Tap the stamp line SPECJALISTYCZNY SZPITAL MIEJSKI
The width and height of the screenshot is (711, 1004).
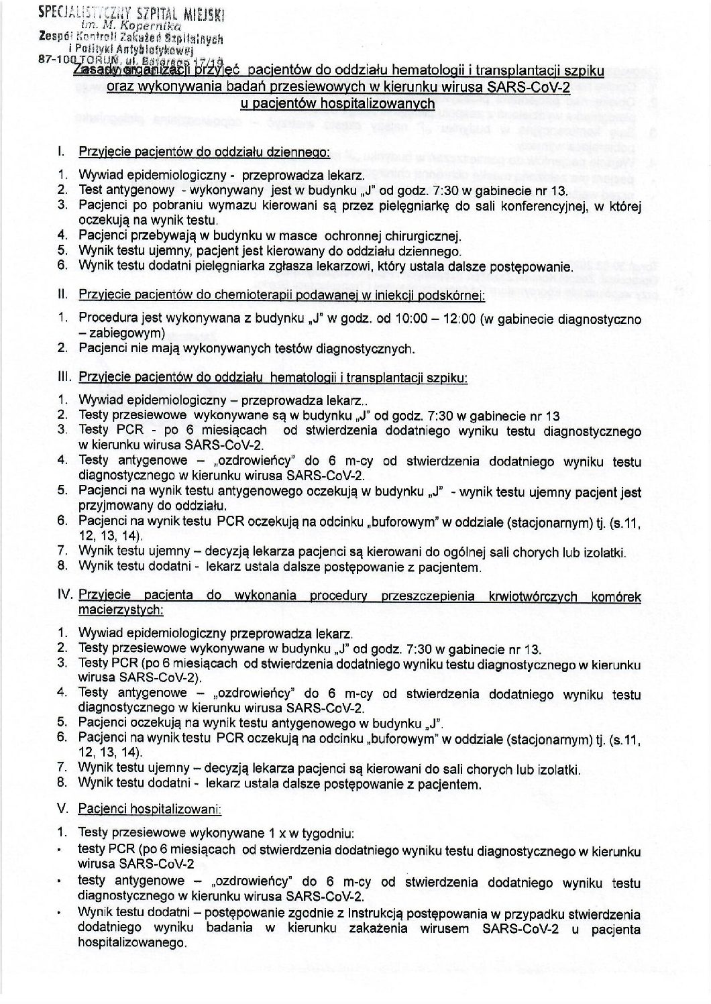(x=131, y=13)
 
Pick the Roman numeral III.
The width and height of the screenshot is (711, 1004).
(x=65, y=378)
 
